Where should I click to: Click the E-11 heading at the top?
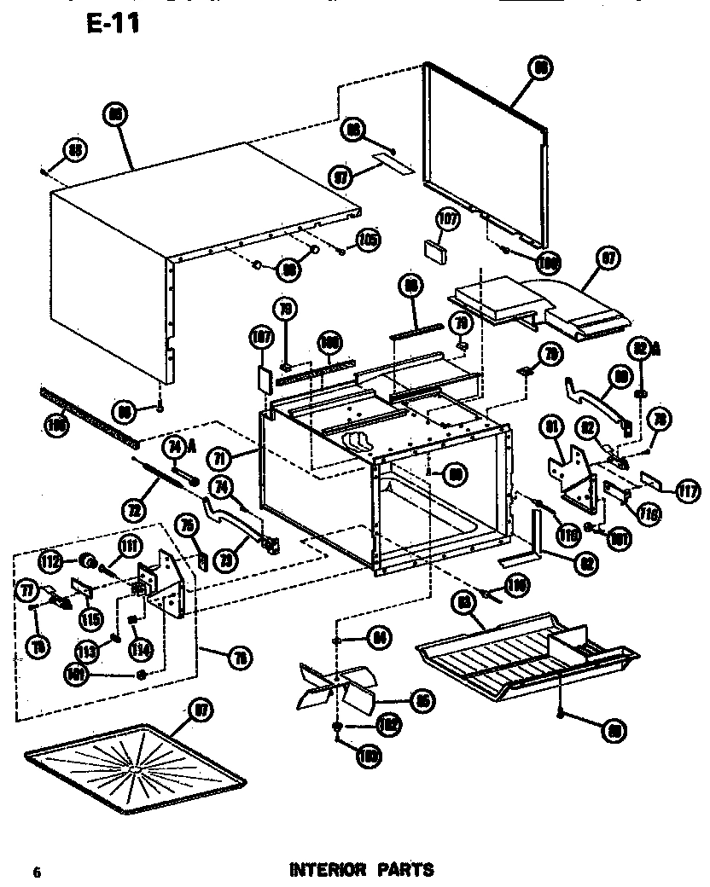[113, 23]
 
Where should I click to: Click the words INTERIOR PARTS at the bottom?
[362, 870]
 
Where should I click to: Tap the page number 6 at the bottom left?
[37, 872]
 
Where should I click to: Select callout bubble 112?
[50, 561]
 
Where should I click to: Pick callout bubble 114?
[141, 650]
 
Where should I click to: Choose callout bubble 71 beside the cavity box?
[220, 459]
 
